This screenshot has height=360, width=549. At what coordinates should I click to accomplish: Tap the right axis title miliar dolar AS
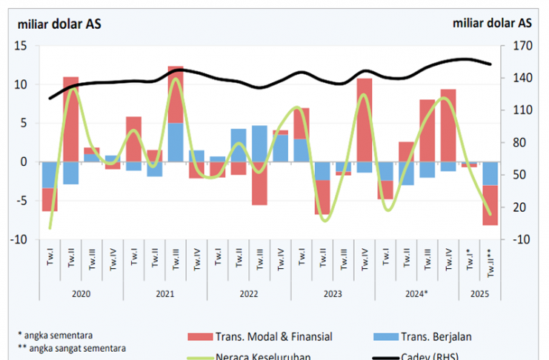click(x=492, y=23)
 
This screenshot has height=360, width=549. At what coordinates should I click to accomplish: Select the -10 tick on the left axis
click(x=19, y=239)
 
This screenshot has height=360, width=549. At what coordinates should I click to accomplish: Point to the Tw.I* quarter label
click(x=469, y=262)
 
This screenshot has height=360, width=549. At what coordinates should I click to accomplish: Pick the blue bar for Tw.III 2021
click(x=176, y=142)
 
